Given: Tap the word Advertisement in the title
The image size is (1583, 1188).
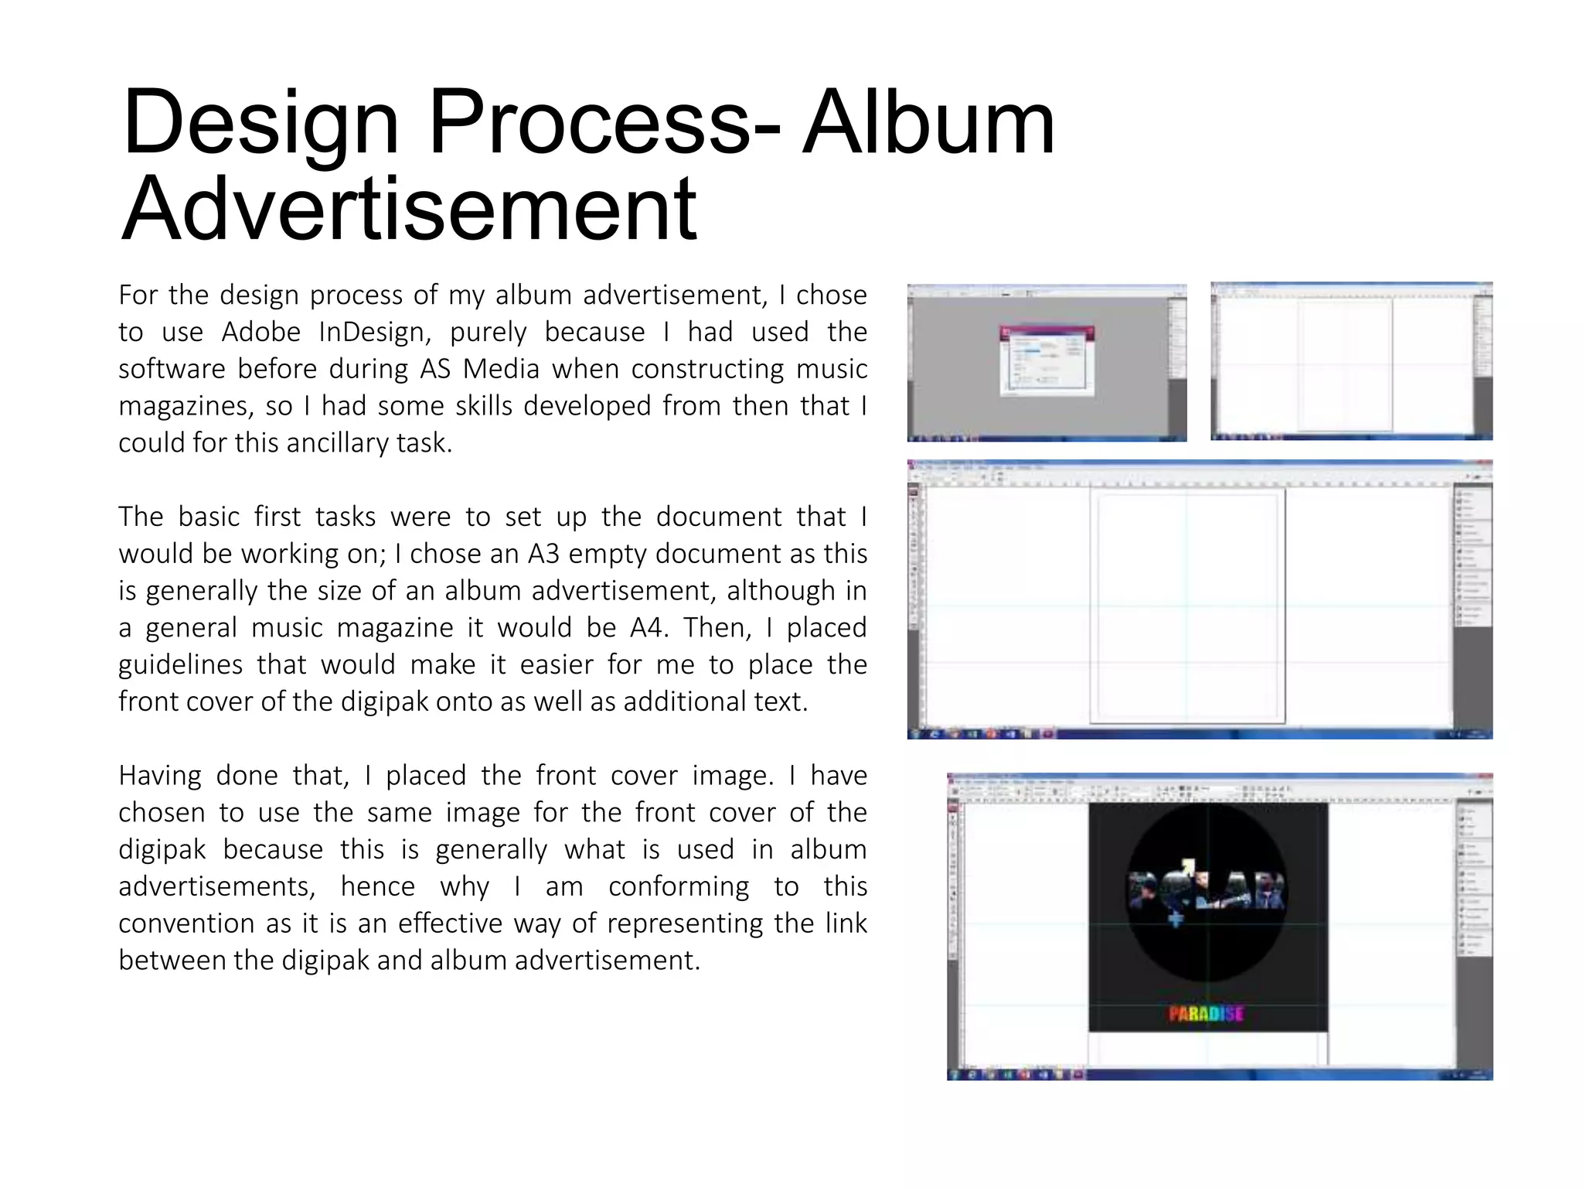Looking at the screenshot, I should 409,209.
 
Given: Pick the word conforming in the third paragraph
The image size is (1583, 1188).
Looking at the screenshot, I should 678,886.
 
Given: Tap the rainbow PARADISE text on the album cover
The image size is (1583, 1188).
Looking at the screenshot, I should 1206,1013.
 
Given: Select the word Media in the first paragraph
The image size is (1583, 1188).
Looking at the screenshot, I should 500,369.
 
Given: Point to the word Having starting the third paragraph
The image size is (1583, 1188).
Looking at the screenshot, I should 160,776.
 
